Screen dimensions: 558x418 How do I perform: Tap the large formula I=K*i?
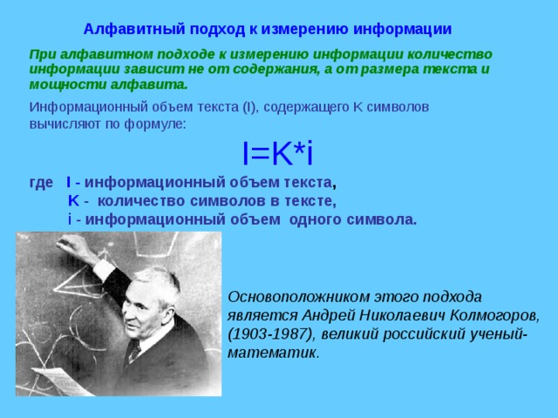(277, 153)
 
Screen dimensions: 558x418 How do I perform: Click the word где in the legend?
(41, 183)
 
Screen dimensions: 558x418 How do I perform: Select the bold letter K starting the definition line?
(73, 201)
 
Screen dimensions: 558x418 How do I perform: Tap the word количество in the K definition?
(141, 201)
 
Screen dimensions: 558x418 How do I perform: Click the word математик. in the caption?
(273, 354)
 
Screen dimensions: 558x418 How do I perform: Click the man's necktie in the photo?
(134, 352)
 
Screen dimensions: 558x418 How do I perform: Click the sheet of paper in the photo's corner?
(64, 381)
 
